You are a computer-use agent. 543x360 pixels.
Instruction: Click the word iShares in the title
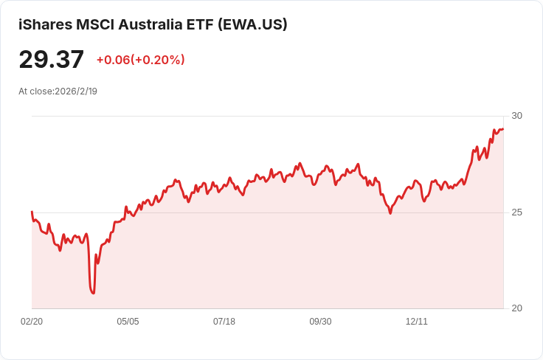click(45, 24)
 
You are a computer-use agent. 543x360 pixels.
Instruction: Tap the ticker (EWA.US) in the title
click(252, 24)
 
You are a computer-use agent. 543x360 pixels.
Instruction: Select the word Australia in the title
click(151, 24)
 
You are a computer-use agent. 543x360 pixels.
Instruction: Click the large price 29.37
click(51, 59)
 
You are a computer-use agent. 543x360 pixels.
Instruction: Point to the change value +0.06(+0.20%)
click(141, 60)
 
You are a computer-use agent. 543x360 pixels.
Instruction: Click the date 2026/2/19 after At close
click(76, 91)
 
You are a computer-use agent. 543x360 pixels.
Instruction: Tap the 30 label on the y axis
click(516, 116)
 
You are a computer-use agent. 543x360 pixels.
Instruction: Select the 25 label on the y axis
click(516, 212)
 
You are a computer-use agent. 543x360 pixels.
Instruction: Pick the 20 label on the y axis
click(516, 308)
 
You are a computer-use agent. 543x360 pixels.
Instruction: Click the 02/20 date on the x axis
click(32, 322)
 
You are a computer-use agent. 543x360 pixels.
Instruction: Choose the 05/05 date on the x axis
click(128, 322)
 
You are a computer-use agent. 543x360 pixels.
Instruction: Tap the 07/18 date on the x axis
click(224, 322)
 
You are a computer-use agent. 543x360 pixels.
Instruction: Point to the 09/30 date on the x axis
click(320, 322)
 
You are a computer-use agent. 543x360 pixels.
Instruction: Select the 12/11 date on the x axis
click(417, 322)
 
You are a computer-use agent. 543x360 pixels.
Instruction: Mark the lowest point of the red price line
click(93, 293)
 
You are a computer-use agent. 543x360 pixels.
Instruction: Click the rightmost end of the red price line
click(503, 129)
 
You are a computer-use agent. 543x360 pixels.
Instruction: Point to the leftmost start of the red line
click(32, 212)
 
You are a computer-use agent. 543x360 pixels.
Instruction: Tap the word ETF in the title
click(200, 24)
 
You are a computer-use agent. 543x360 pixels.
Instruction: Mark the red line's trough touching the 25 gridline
click(390, 213)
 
